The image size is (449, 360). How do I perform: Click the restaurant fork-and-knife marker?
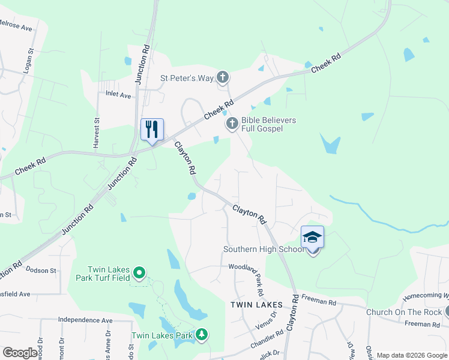point(151,130)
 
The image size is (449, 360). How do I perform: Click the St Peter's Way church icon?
point(223,77)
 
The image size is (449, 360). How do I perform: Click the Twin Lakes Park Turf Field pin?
point(140,274)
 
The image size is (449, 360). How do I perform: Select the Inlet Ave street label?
point(118,95)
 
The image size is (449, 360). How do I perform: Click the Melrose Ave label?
point(16,27)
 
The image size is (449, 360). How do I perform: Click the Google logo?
point(20,353)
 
